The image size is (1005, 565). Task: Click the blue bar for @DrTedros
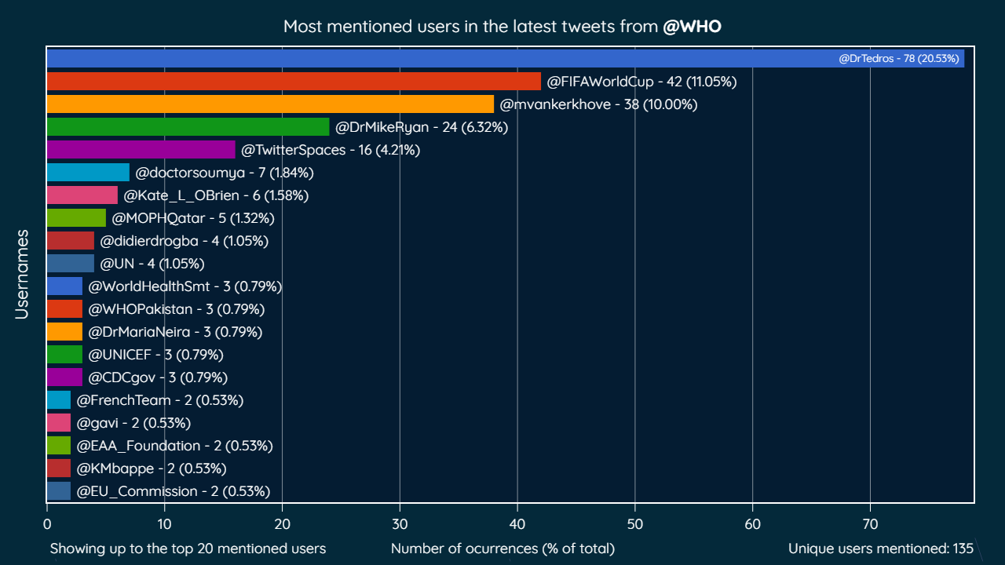[440, 59]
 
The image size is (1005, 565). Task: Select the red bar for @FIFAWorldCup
[294, 82]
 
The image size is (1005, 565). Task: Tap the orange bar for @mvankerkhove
[270, 104]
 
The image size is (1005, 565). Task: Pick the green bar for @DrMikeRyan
[188, 127]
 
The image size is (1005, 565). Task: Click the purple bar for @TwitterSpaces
[141, 150]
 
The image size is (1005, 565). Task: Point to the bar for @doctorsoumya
[88, 173]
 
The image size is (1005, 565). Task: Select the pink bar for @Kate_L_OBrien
[82, 195]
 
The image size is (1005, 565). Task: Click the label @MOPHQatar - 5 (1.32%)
[193, 218]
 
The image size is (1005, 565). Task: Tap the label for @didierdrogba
[184, 241]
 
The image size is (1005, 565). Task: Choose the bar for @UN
[70, 264]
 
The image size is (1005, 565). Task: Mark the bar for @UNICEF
[64, 355]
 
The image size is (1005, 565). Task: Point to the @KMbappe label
[151, 468]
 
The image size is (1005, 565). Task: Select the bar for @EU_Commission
[58, 491]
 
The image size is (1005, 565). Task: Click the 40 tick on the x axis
[517, 520]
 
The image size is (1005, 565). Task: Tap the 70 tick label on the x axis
[870, 520]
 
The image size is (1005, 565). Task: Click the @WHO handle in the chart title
[692, 27]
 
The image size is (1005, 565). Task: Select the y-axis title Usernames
[22, 274]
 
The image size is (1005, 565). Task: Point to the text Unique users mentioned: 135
[880, 549]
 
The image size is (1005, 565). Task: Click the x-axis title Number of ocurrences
[502, 549]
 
